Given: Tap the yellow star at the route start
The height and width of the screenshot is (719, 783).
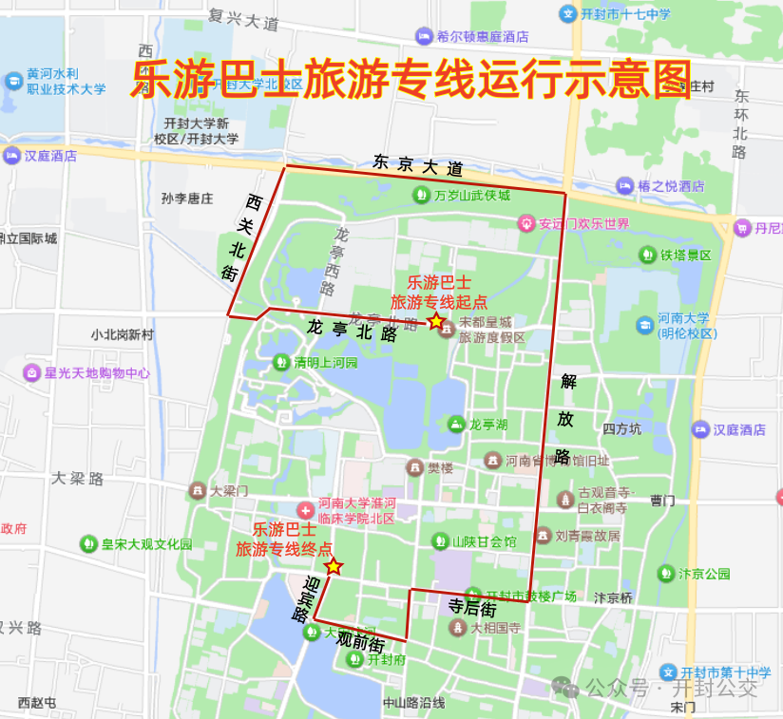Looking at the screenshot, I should click(x=436, y=321).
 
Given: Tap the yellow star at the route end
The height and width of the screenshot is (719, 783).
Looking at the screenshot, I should click(x=334, y=567).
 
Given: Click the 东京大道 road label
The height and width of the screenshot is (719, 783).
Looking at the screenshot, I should click(x=417, y=166).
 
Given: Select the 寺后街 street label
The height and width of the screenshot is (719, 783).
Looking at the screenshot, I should click(x=472, y=606).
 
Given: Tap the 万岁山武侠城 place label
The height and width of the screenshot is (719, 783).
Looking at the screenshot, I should click(x=471, y=196).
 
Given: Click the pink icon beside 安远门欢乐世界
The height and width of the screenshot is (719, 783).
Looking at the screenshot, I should click(x=526, y=224).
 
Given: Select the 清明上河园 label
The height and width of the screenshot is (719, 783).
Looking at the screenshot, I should click(x=325, y=362).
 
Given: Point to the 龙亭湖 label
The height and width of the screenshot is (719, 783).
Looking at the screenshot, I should click(x=487, y=424).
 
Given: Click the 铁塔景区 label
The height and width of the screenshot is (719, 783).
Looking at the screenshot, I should click(x=686, y=255).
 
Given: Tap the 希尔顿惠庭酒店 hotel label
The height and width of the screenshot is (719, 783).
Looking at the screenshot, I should click(x=482, y=37).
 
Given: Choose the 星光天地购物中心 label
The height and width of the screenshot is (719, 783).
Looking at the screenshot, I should click(x=96, y=373).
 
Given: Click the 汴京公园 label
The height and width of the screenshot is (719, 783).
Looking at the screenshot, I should click(x=704, y=574).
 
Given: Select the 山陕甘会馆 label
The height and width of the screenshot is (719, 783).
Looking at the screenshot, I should click(x=484, y=541).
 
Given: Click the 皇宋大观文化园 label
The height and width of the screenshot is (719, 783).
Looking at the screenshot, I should click(x=146, y=544).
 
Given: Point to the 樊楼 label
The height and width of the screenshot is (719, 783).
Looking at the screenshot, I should click(x=440, y=467).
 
